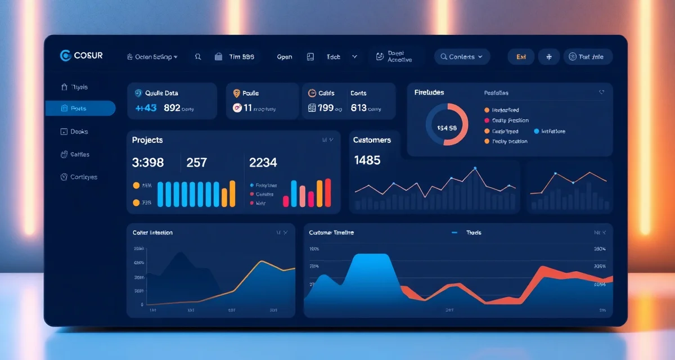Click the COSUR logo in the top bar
coord(81,56)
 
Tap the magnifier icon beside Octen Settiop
coord(198,57)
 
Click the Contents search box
coord(462,57)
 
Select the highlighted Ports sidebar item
coord(80,109)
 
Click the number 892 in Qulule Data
coord(172,107)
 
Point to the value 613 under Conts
coord(359,107)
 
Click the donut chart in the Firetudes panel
coord(447,124)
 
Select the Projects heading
coord(147,140)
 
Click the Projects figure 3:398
coord(148,163)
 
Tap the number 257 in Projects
coord(197,163)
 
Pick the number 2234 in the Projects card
coord(263,163)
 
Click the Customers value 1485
coord(367,160)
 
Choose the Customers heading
coord(372,140)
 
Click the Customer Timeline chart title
coord(331,232)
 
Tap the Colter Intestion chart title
coord(152,232)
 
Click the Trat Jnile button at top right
coord(587,57)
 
